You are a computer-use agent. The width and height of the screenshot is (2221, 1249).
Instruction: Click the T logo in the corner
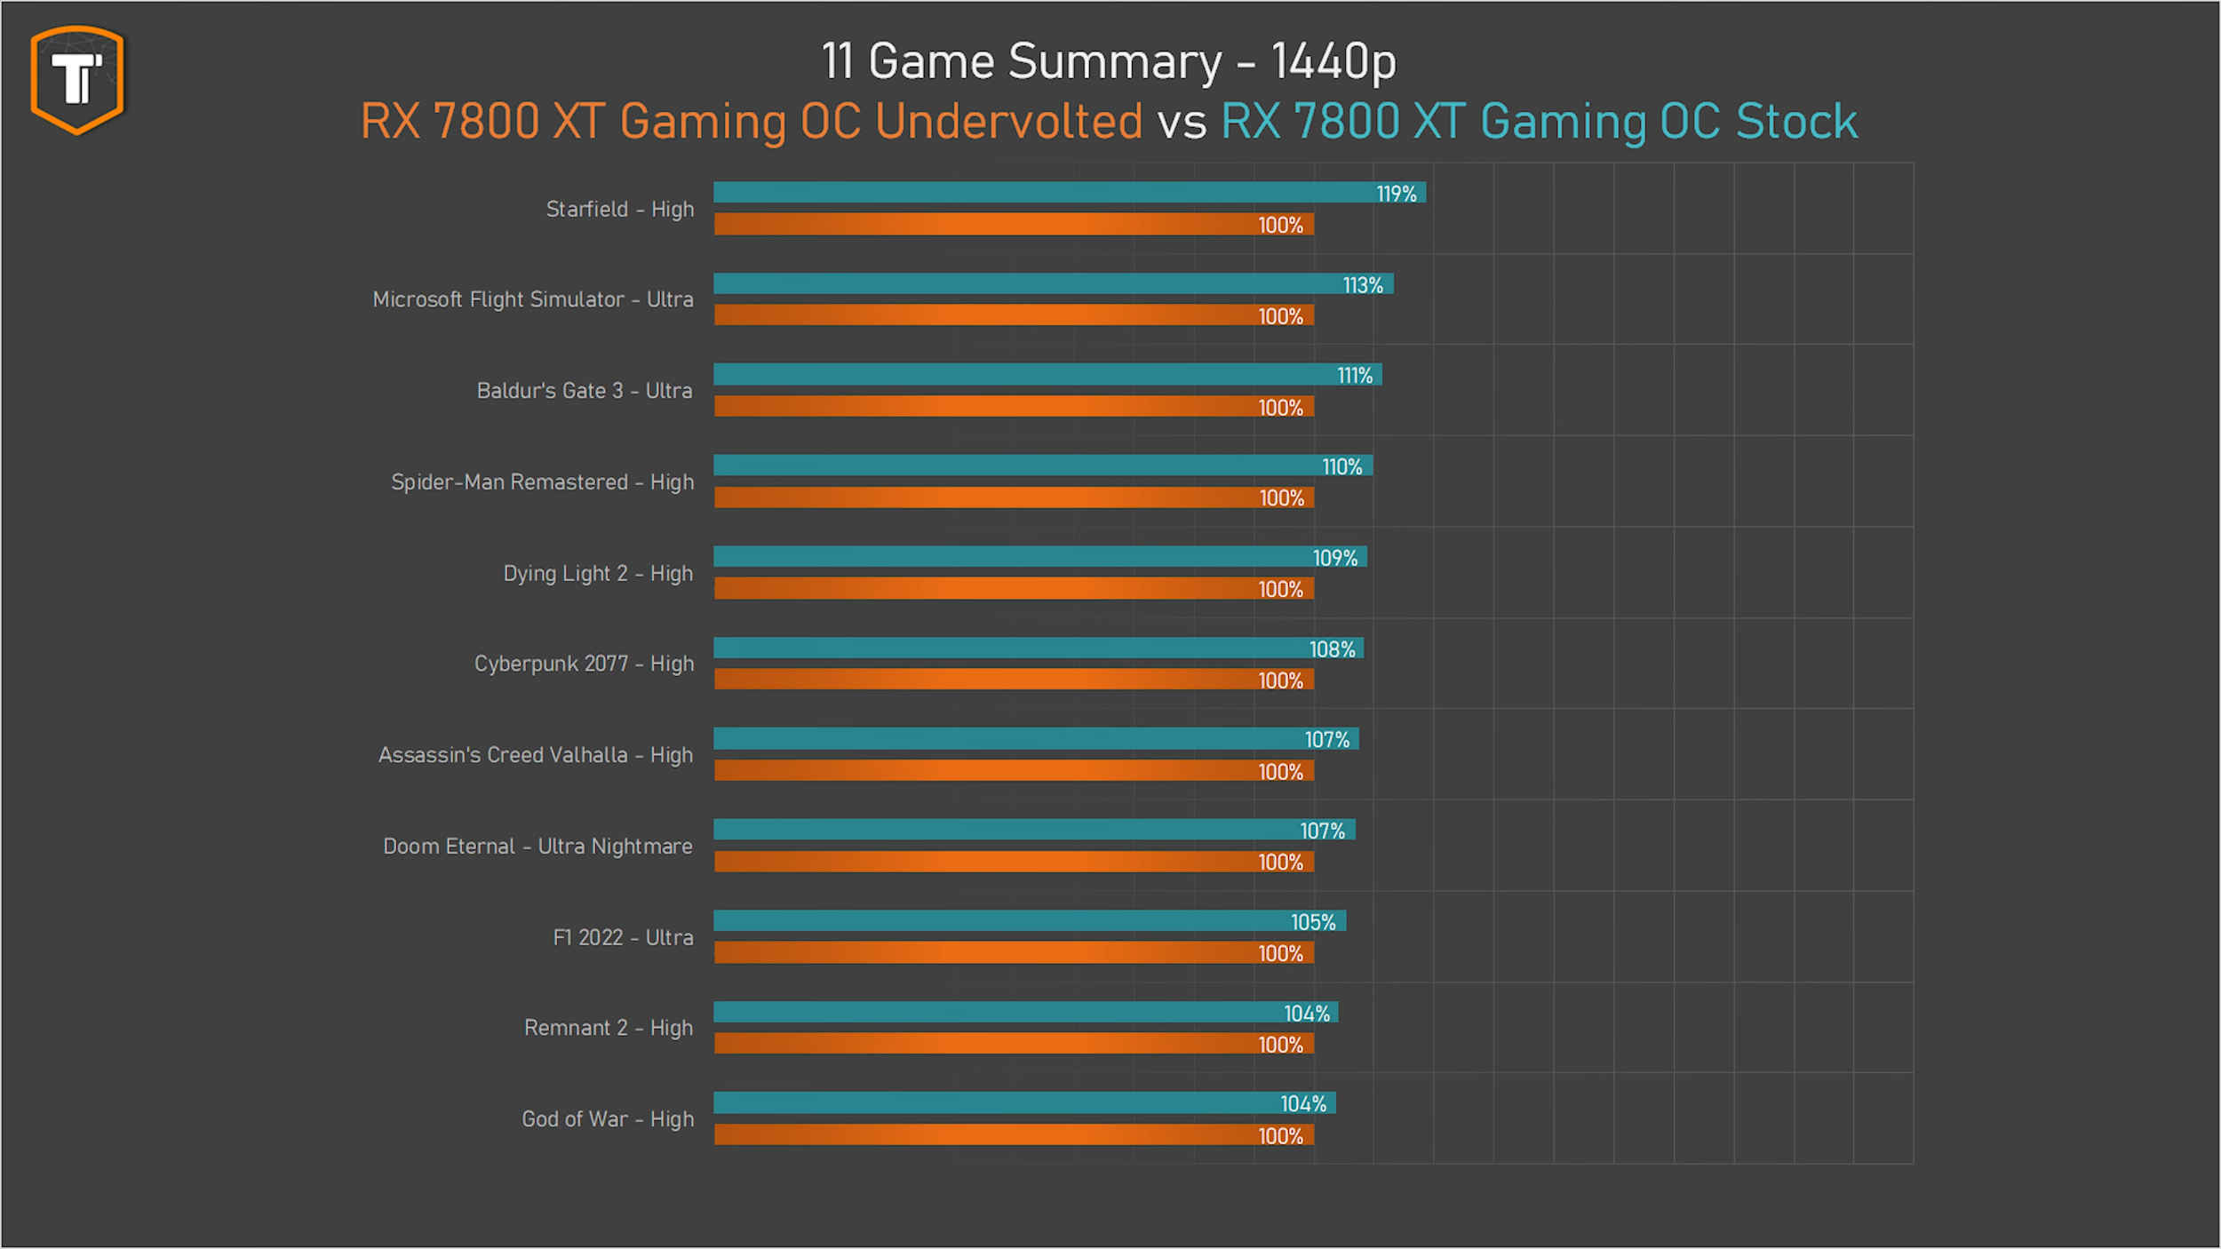click(77, 79)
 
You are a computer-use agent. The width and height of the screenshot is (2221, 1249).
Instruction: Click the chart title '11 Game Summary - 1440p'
click(1108, 61)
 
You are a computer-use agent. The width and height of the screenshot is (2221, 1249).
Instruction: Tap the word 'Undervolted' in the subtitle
click(1008, 121)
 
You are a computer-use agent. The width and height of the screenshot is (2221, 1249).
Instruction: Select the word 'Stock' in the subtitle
click(1796, 121)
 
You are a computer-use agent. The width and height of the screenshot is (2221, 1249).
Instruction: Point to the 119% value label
click(1396, 194)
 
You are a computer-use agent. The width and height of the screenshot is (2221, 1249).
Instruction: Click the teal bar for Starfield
click(1039, 193)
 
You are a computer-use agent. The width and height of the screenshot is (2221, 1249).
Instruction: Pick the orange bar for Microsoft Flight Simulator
click(977, 315)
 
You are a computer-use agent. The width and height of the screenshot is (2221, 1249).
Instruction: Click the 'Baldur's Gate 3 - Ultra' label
click(584, 391)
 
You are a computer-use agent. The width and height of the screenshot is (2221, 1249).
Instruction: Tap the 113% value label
click(1362, 285)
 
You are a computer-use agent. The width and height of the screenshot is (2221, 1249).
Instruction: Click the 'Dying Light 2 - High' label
click(598, 574)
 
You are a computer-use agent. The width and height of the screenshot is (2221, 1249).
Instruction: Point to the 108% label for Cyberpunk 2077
click(1332, 649)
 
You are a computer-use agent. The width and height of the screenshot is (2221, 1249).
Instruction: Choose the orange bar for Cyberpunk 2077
click(977, 680)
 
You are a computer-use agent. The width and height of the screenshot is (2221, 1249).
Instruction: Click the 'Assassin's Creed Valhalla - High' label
click(535, 755)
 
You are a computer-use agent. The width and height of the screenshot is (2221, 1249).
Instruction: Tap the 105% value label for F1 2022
click(1313, 922)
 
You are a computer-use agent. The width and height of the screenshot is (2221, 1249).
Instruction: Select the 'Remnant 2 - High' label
click(608, 1028)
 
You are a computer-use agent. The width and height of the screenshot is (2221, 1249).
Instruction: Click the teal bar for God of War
click(995, 1103)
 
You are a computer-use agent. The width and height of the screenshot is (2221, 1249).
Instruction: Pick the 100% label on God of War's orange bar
click(1280, 1136)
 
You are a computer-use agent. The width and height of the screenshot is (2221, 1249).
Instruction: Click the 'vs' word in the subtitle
click(1182, 123)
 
